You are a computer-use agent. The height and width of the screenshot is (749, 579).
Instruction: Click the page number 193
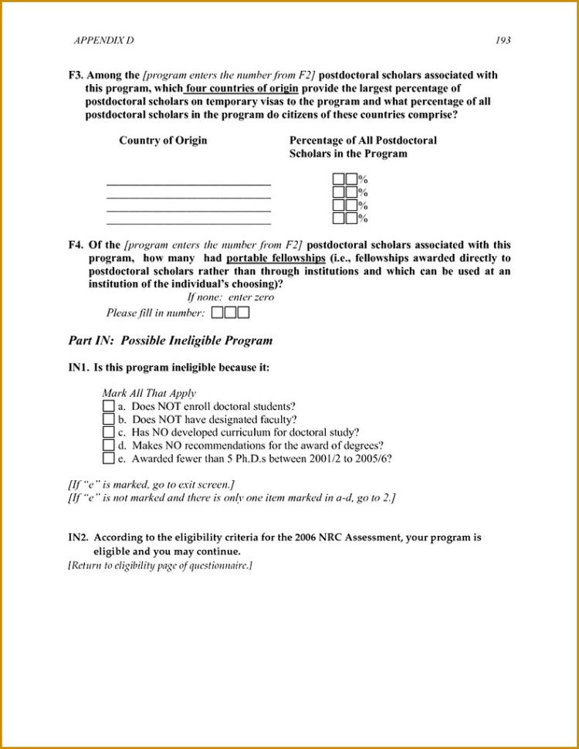pyautogui.click(x=503, y=41)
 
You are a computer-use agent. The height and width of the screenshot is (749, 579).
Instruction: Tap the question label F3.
pyautogui.click(x=76, y=76)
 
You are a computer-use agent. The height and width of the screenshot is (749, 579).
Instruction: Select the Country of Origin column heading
pyautogui.click(x=163, y=141)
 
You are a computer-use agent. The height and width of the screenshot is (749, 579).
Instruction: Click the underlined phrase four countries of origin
pyautogui.click(x=241, y=88)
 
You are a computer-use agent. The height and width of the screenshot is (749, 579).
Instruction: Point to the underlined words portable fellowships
pyautogui.click(x=276, y=259)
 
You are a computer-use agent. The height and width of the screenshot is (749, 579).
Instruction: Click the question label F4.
pyautogui.click(x=76, y=246)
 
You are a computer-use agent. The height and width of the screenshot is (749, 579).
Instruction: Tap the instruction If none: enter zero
pyautogui.click(x=230, y=297)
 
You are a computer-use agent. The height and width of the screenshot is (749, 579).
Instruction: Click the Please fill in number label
pyautogui.click(x=155, y=313)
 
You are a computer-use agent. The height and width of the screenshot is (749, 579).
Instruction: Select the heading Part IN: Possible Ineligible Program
pyautogui.click(x=170, y=341)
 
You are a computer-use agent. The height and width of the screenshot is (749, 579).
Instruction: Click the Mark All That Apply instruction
pyautogui.click(x=149, y=393)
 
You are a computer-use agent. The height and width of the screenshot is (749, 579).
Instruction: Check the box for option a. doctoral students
pyautogui.click(x=108, y=406)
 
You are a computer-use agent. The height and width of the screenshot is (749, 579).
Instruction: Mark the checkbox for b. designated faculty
pyautogui.click(x=108, y=419)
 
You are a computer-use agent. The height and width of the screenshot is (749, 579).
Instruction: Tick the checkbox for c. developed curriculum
pyautogui.click(x=108, y=432)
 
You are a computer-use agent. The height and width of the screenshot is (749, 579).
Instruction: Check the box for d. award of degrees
pyautogui.click(x=108, y=446)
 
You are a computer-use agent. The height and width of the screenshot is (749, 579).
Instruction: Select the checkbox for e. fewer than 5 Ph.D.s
pyautogui.click(x=108, y=459)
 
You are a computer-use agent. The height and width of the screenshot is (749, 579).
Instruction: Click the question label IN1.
pyautogui.click(x=79, y=368)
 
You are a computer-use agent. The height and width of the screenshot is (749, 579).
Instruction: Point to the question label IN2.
pyautogui.click(x=79, y=537)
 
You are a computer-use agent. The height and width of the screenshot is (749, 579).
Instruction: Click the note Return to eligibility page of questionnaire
pyautogui.click(x=160, y=566)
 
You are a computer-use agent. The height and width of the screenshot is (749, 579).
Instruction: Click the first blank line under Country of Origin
pyautogui.click(x=188, y=184)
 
